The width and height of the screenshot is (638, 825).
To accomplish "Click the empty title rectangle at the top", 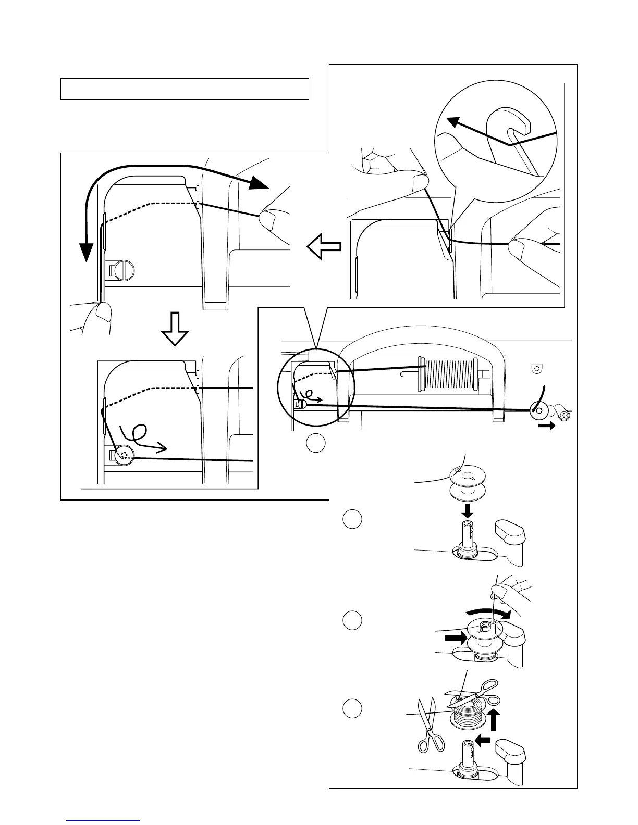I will (185, 89).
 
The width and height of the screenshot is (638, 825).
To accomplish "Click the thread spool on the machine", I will (448, 374).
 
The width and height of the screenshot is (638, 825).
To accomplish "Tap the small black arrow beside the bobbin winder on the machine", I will (546, 426).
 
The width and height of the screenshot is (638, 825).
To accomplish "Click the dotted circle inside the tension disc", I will (124, 455).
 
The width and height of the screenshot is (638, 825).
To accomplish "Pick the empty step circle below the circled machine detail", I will (315, 443).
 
